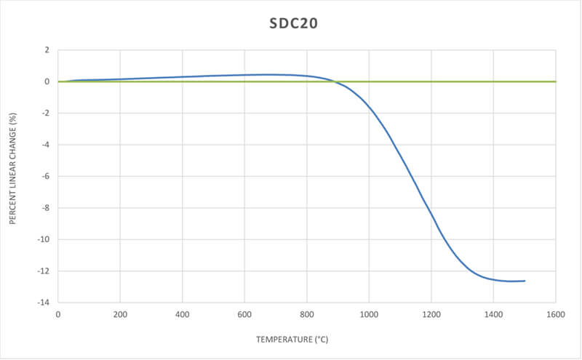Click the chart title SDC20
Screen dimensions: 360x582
point(290,23)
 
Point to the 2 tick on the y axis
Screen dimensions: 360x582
point(47,50)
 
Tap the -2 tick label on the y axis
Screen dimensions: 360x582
point(46,113)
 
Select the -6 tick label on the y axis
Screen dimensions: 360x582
point(46,177)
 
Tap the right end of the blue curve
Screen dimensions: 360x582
point(525,281)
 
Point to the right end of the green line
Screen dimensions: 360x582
point(556,81)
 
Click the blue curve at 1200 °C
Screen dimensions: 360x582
point(431,215)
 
